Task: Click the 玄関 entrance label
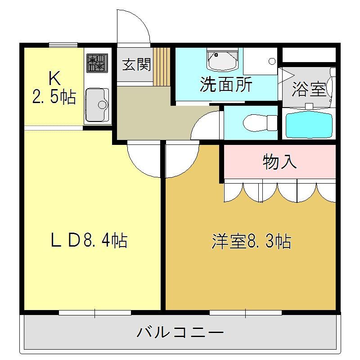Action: [x=137, y=64]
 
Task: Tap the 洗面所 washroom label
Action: [x=226, y=84]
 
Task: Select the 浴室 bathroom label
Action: [x=309, y=89]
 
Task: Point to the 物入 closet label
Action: [x=279, y=162]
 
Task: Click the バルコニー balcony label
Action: [x=180, y=333]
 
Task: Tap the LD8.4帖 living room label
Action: [x=89, y=240]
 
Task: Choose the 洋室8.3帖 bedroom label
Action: [x=252, y=241]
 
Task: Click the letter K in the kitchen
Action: [x=54, y=78]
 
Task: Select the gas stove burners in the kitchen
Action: [x=97, y=63]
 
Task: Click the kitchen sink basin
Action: [x=97, y=105]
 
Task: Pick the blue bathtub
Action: [x=309, y=125]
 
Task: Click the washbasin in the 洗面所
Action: [x=222, y=59]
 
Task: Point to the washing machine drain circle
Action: [x=272, y=61]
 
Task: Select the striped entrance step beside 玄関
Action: [x=162, y=67]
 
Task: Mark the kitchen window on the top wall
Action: [x=63, y=45]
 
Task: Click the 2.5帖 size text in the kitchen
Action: [x=54, y=97]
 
